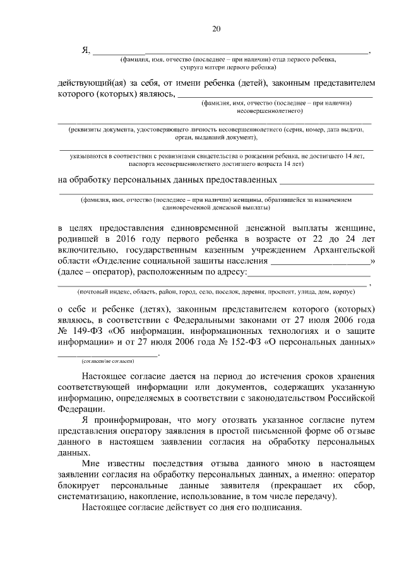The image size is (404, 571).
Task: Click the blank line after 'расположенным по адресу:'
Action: pos(310,273)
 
